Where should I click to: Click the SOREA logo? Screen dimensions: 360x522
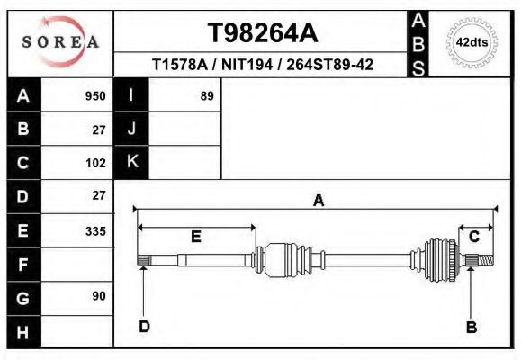tap(60, 42)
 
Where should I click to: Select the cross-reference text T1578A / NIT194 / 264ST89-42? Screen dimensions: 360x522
tap(263, 65)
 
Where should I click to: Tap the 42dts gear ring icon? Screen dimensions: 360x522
tap(472, 42)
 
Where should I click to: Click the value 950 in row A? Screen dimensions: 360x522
tap(95, 95)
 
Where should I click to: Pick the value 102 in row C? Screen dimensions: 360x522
tap(95, 163)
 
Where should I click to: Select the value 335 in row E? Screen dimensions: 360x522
tap(95, 230)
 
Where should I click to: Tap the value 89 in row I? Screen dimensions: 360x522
tap(206, 95)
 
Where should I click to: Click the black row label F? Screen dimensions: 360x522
tap(23, 265)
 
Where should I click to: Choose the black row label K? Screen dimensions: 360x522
tap(131, 162)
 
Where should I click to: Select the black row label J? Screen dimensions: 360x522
tap(131, 129)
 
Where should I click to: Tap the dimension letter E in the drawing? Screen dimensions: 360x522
tap(195, 237)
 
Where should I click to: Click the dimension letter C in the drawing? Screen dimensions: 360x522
tap(474, 237)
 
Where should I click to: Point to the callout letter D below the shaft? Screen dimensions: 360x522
tap(144, 327)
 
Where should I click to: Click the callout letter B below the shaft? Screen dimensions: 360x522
tap(470, 327)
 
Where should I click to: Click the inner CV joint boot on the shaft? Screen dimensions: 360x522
tap(290, 259)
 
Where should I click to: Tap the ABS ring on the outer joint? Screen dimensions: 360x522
tap(439, 259)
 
